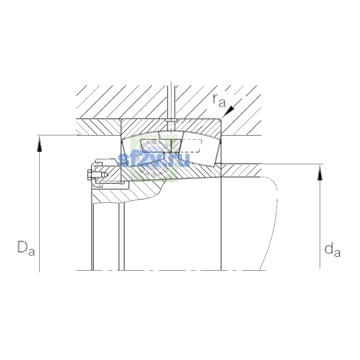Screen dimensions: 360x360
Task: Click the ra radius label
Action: (219, 101)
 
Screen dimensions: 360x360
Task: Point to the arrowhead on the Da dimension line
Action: (39, 144)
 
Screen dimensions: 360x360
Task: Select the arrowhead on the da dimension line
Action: (320, 173)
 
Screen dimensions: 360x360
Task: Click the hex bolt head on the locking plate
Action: (89, 175)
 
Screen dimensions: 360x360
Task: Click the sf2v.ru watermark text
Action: (154, 159)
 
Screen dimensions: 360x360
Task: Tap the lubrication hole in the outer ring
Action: (171, 125)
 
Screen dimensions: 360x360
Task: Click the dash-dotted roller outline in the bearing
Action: (191, 146)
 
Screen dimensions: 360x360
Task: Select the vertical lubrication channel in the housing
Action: (171, 102)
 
